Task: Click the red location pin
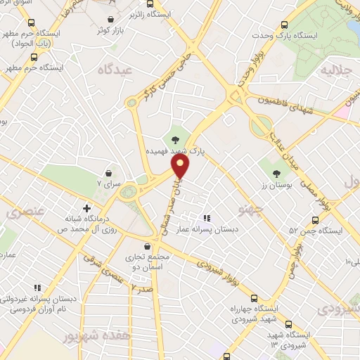181,167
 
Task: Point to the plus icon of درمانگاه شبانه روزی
86,208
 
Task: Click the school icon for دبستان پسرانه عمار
206,219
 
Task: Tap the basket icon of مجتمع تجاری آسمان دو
146,246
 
